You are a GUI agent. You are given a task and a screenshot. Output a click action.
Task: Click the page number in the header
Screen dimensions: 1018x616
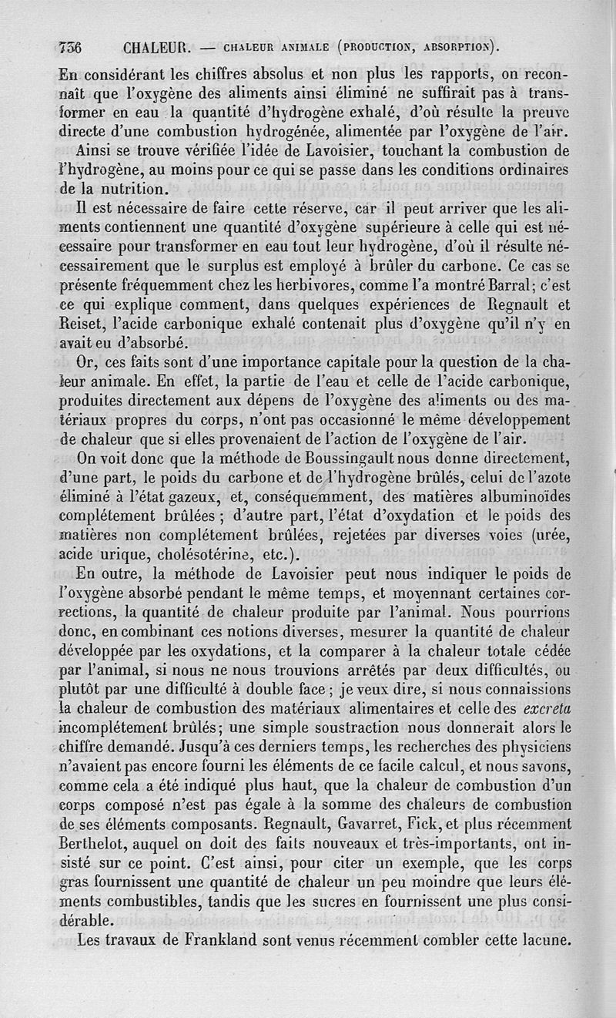tap(71, 47)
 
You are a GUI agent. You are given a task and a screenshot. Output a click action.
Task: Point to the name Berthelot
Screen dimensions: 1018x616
tap(94, 863)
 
